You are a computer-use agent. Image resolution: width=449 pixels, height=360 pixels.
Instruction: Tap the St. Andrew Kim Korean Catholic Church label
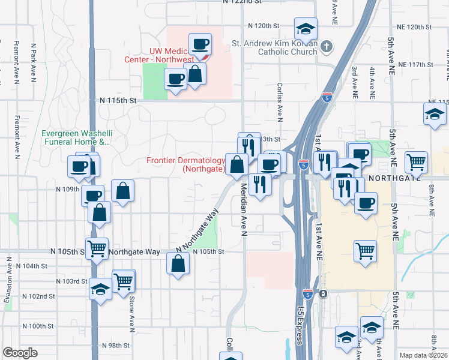(275, 47)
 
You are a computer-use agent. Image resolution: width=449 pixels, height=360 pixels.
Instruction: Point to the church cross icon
(326, 46)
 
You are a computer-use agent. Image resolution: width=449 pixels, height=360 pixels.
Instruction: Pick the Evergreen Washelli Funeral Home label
(76, 138)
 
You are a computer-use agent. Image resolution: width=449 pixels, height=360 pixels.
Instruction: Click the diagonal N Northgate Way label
(196, 231)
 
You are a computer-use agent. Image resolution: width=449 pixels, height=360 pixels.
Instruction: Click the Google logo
(20, 353)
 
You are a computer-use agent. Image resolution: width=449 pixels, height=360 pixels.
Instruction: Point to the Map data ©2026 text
(423, 355)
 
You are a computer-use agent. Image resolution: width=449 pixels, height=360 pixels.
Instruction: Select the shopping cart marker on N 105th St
(97, 247)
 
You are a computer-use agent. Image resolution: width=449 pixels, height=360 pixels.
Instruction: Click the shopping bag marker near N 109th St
(122, 191)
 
